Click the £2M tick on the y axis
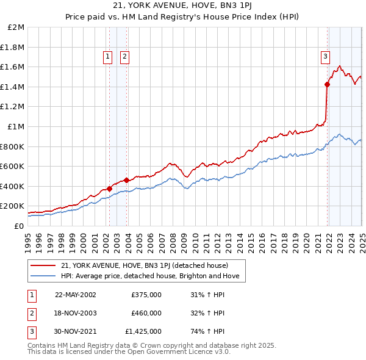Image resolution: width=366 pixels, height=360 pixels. pos(16,27)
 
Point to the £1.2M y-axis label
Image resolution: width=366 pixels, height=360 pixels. pos(13,107)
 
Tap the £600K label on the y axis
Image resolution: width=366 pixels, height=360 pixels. pos(13,167)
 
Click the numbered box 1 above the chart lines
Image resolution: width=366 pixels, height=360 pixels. pos(108,57)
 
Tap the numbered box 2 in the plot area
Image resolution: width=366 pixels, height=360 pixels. pos(124,57)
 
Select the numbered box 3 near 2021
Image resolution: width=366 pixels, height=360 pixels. pos(326,57)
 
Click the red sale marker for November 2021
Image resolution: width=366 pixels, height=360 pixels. pos(328,85)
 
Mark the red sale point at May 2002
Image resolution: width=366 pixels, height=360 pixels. pos(110,189)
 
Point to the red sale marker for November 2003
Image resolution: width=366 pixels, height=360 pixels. pos(126,180)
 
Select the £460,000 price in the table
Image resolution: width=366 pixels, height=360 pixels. pos(146,313)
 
